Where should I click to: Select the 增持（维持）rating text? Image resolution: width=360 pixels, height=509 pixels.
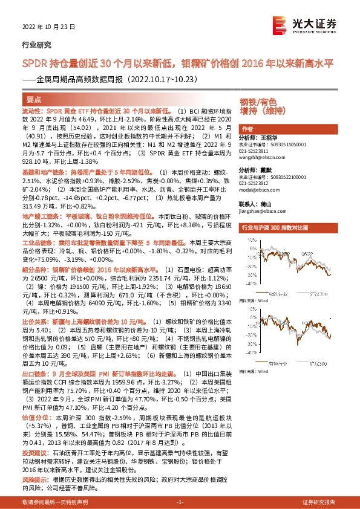[x=262, y=111]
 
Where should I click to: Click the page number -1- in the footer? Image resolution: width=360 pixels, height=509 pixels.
[x=179, y=502]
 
